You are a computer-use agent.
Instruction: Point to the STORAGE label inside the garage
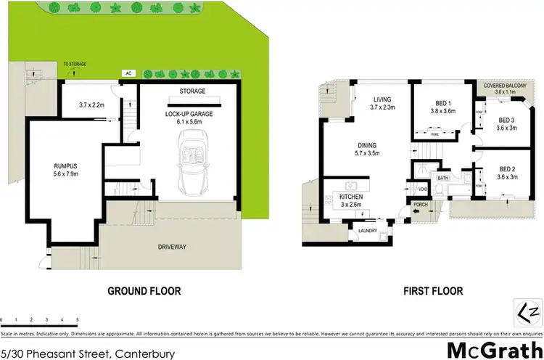[192, 91]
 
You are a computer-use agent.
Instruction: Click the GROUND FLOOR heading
[144, 291]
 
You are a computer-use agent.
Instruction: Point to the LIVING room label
[382, 100]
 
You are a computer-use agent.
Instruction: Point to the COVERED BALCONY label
[506, 86]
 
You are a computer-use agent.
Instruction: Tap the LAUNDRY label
[368, 232]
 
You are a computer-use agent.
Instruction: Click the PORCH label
[420, 205]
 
